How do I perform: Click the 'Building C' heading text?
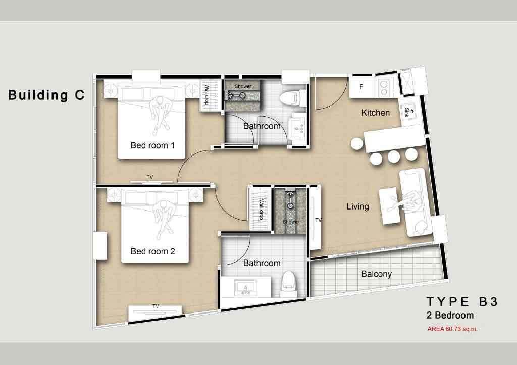tap(46, 95)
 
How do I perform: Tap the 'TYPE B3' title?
tap(462, 302)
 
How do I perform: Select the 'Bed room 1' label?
tap(152, 146)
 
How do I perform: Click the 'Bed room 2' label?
tap(152, 251)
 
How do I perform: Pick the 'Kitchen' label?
tap(376, 113)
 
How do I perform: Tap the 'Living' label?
tap(357, 206)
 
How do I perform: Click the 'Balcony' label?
tap(376, 274)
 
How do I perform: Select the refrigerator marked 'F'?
tap(361, 87)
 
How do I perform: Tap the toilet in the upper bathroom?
tap(296, 96)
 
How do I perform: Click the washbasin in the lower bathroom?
tap(246, 288)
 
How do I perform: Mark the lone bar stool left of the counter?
tap(357, 144)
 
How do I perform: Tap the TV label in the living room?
tap(318, 220)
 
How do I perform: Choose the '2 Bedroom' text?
tap(450, 316)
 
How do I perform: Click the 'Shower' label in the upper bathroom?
tap(243, 87)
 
